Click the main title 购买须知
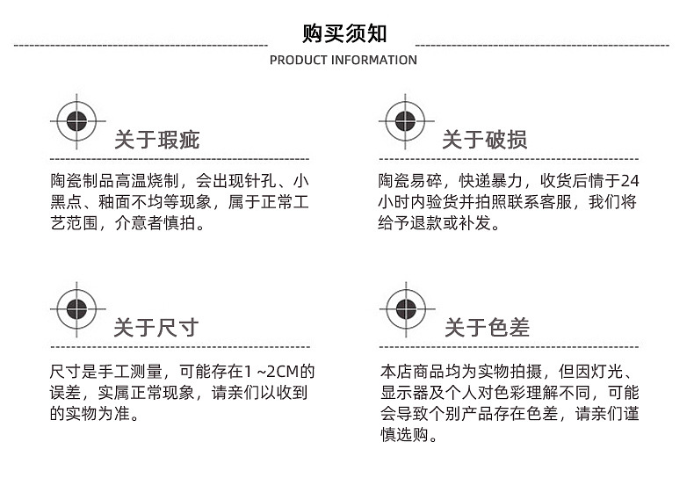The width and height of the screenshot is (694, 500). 344,33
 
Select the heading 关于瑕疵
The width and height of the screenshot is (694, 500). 157,141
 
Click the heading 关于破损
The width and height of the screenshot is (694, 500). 484,141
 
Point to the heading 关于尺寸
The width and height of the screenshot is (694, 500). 156,329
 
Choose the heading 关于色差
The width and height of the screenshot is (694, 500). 487,329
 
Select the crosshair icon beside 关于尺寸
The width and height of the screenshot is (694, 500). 76,308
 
